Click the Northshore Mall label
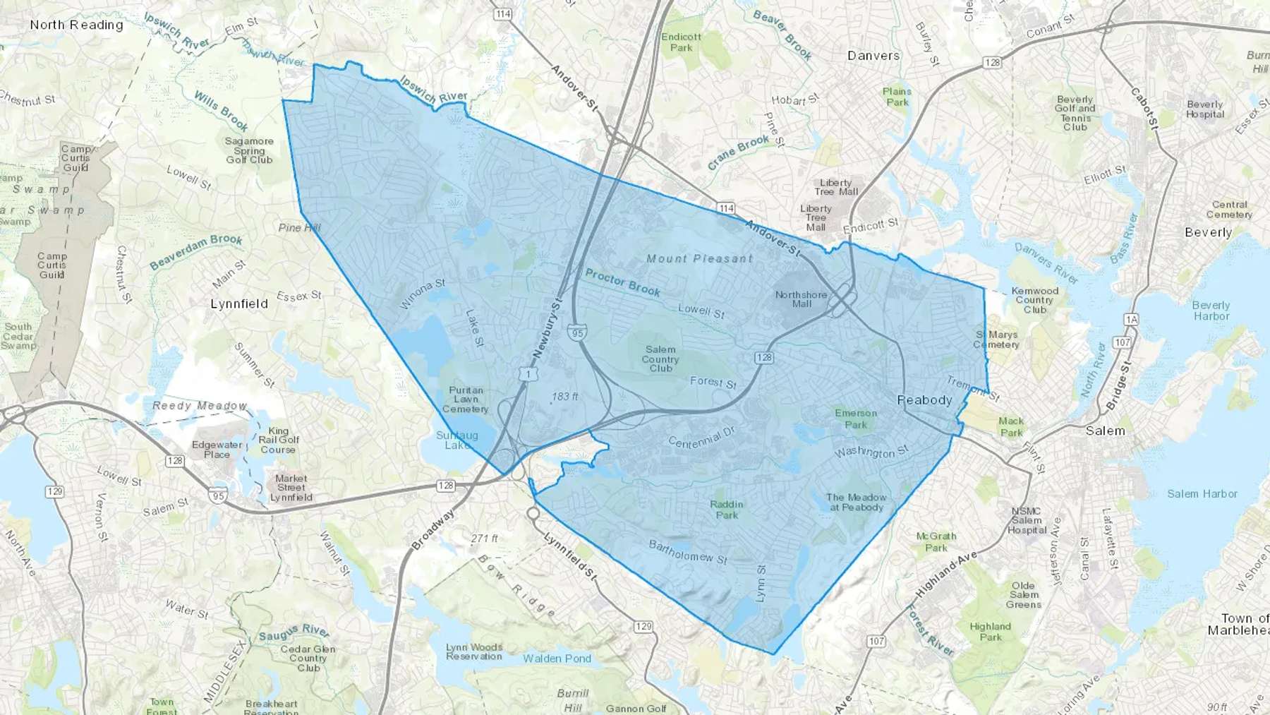(x=801, y=299)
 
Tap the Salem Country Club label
(x=660, y=359)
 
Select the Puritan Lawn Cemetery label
(x=465, y=399)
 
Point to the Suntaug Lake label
(x=456, y=440)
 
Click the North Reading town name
(x=76, y=25)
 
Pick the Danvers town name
(x=873, y=55)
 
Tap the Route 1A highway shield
(x=1131, y=320)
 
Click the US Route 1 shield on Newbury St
(x=527, y=374)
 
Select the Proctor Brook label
(x=622, y=282)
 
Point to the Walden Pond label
(x=557, y=659)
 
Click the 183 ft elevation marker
(x=564, y=397)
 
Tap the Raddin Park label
(x=727, y=509)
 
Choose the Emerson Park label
(x=856, y=419)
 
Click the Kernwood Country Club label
(x=1034, y=300)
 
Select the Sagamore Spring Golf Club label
(x=249, y=150)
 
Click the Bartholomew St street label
(x=687, y=551)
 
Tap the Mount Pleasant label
(x=700, y=258)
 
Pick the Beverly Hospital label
(x=1204, y=109)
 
